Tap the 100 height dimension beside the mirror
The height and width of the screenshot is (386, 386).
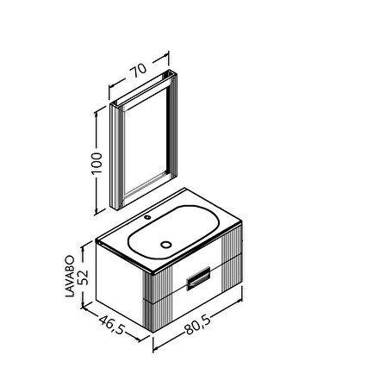click(96, 163)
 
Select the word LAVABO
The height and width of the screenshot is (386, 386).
click(70, 276)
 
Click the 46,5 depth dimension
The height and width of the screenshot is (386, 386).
click(112, 325)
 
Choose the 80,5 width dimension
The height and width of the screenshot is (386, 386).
click(197, 324)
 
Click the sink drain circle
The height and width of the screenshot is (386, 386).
click(166, 245)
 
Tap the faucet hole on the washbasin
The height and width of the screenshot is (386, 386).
click(147, 217)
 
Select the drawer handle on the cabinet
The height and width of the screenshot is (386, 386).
click(198, 278)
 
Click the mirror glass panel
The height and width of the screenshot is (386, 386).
click(146, 140)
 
